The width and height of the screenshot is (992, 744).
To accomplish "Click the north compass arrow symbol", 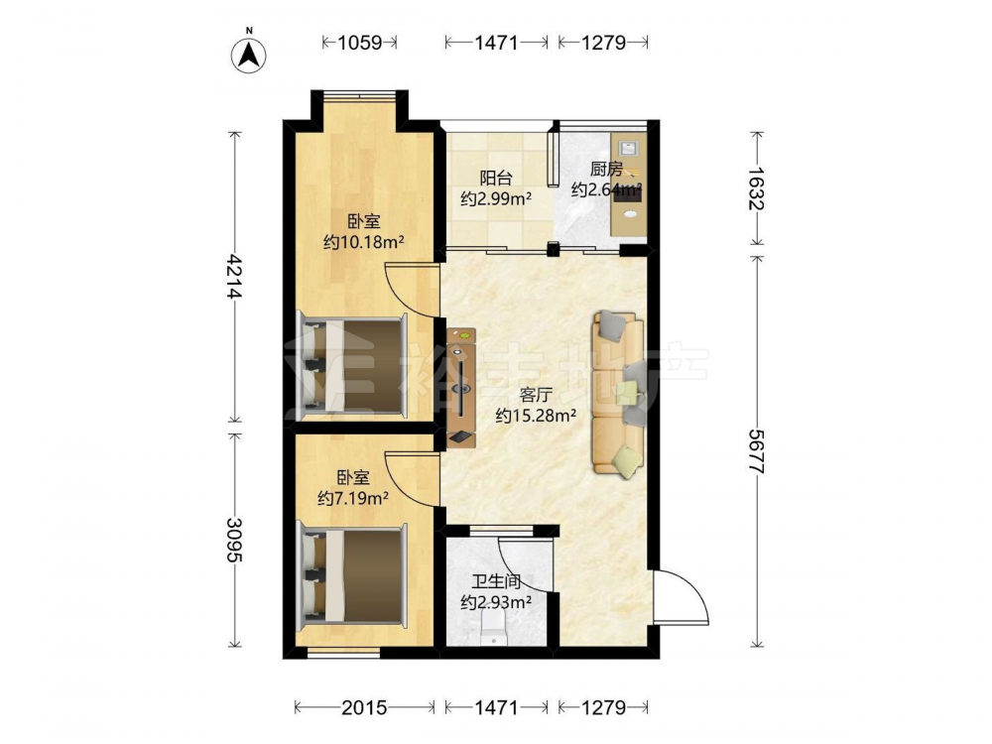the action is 249,54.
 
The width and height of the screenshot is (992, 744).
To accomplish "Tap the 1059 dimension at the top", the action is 360,43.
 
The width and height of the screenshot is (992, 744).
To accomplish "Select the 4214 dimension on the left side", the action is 235,277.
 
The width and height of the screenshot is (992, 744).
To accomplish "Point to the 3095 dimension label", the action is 235,541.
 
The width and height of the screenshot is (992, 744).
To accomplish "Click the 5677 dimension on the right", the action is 757,451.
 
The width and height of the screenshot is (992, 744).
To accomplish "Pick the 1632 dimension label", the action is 757,187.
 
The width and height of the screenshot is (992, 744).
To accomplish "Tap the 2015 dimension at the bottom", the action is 364,707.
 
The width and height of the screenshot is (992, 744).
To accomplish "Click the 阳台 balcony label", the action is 496,179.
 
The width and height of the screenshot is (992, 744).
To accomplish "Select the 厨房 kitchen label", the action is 606,169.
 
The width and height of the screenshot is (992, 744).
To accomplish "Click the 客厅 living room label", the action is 536,396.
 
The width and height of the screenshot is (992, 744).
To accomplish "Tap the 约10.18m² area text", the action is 364,242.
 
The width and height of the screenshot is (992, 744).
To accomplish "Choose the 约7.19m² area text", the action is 353,499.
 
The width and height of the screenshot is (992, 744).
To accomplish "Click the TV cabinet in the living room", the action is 461,388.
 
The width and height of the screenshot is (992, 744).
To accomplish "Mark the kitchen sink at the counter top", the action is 628,148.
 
